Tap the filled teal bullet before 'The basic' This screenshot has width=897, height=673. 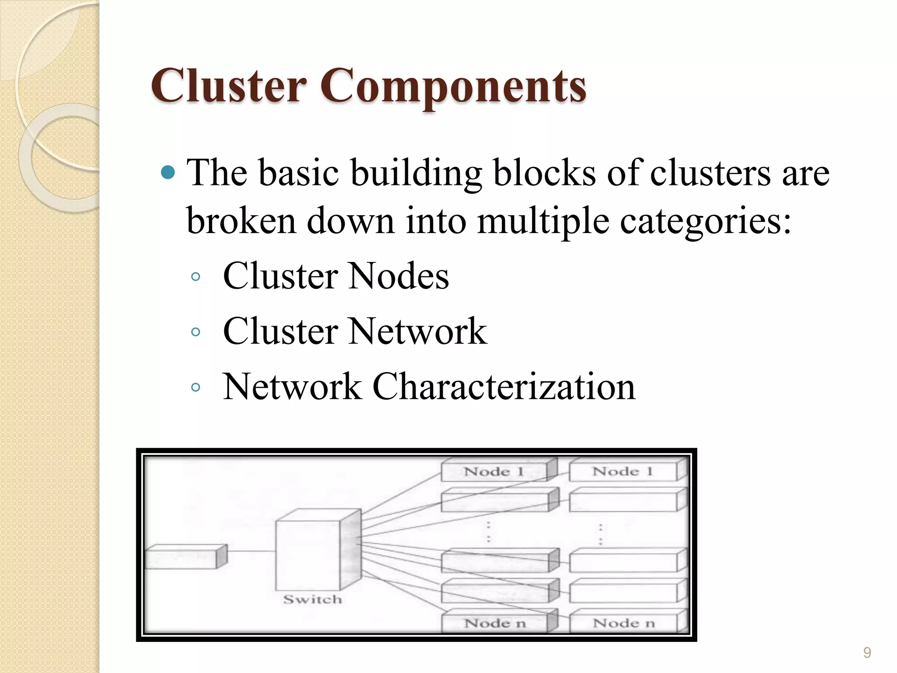coord(168,173)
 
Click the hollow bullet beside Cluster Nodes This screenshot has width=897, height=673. coord(196,276)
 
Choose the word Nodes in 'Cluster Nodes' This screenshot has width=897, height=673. coord(399,276)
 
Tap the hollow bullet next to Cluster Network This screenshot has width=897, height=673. coord(196,332)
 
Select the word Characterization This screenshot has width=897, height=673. coord(504,387)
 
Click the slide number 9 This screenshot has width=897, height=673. coord(867,653)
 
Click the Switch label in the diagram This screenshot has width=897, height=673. coord(312,599)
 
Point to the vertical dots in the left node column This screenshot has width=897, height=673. coord(488,531)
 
